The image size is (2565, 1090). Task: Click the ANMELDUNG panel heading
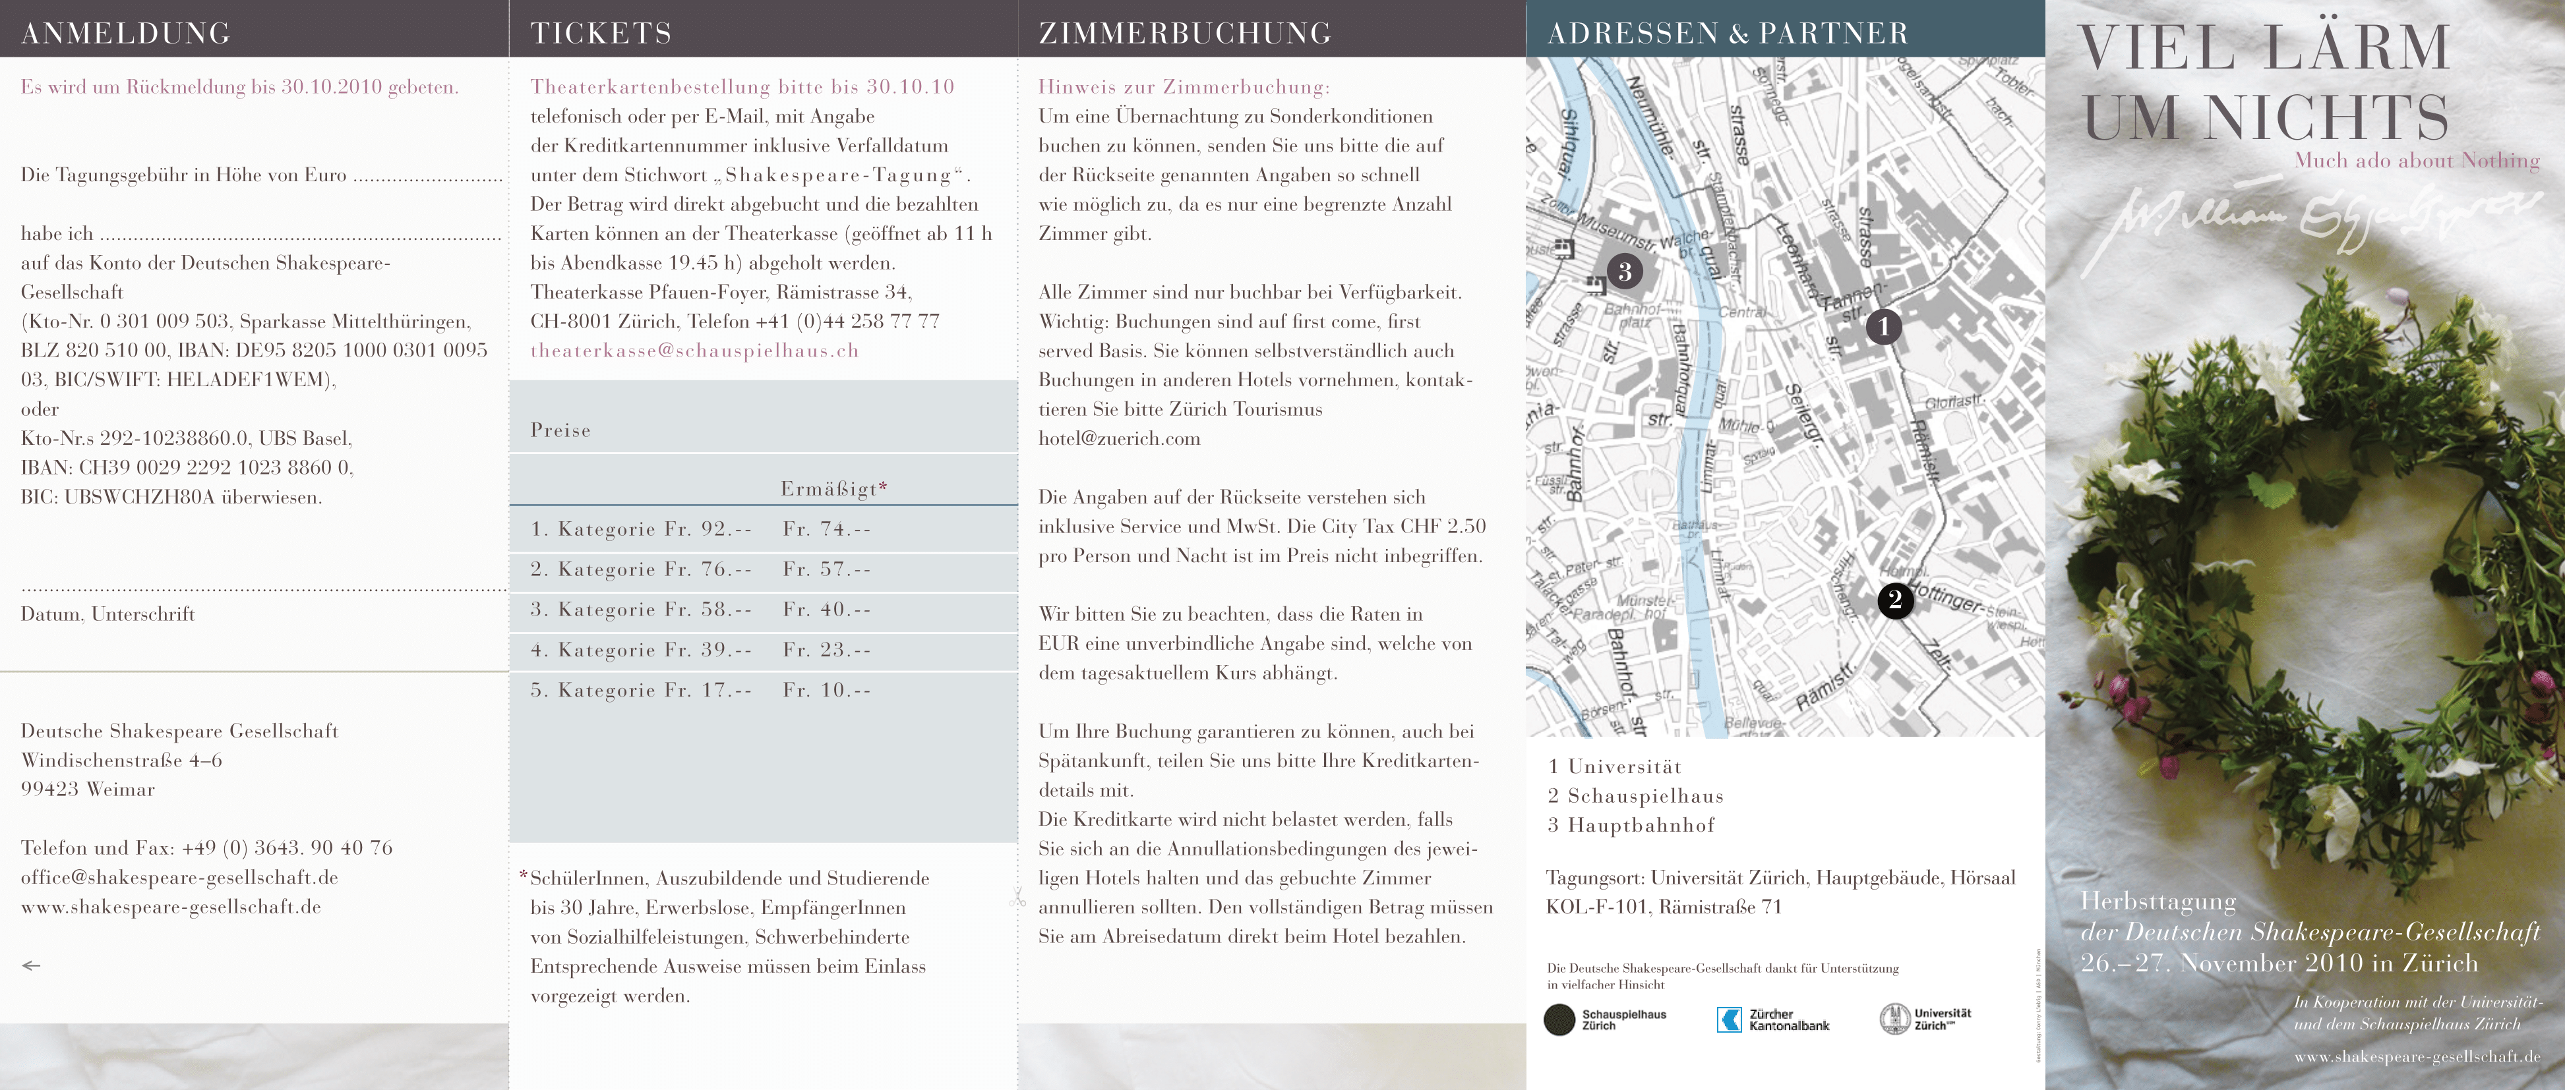click(x=125, y=33)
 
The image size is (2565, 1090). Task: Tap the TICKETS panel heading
click(x=601, y=33)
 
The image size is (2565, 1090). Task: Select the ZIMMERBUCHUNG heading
click(x=1184, y=33)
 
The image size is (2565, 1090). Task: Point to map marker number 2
click(x=1895, y=599)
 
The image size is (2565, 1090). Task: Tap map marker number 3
click(x=1624, y=271)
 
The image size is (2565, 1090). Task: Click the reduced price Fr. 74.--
click(x=826, y=529)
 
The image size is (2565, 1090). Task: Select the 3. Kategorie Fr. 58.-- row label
click(x=641, y=609)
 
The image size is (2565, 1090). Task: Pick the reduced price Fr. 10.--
click(x=826, y=690)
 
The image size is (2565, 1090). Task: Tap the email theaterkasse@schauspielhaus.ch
click(x=694, y=351)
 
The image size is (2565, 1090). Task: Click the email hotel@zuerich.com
click(x=1119, y=438)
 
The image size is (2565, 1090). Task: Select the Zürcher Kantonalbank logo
click(x=1772, y=1019)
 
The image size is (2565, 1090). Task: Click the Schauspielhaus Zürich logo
click(x=1605, y=1019)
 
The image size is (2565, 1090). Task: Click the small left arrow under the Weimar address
click(x=31, y=965)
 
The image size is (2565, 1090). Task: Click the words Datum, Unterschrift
click(x=107, y=613)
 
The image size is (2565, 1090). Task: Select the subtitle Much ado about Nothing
click(x=2417, y=160)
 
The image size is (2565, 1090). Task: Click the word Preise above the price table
click(x=560, y=430)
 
